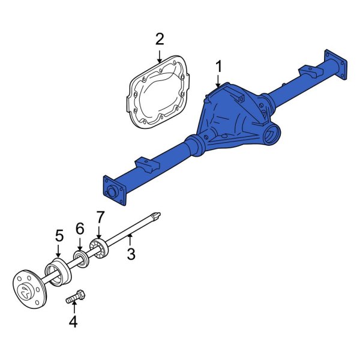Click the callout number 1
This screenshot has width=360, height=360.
219,66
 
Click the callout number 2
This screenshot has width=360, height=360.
159,40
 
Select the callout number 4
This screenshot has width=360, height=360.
73,322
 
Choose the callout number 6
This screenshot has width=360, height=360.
80,229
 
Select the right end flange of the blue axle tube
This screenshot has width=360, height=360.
337,65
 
